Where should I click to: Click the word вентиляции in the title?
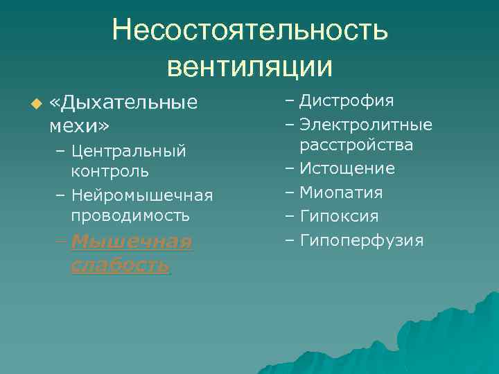(x=250, y=66)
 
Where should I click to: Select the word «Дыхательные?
(x=124, y=104)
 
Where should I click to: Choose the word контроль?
(x=109, y=170)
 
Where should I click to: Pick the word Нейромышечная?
(x=141, y=195)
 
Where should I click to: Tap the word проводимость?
(x=130, y=215)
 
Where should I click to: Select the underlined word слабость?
(x=119, y=265)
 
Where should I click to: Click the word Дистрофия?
(x=347, y=101)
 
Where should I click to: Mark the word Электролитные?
(x=366, y=125)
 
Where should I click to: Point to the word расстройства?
(x=356, y=145)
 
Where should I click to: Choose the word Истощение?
(x=347, y=168)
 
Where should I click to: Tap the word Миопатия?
(x=341, y=193)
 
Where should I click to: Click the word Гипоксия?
(x=339, y=217)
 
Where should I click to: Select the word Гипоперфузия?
(x=361, y=241)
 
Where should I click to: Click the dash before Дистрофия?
(x=289, y=101)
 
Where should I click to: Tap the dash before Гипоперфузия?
(x=289, y=241)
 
